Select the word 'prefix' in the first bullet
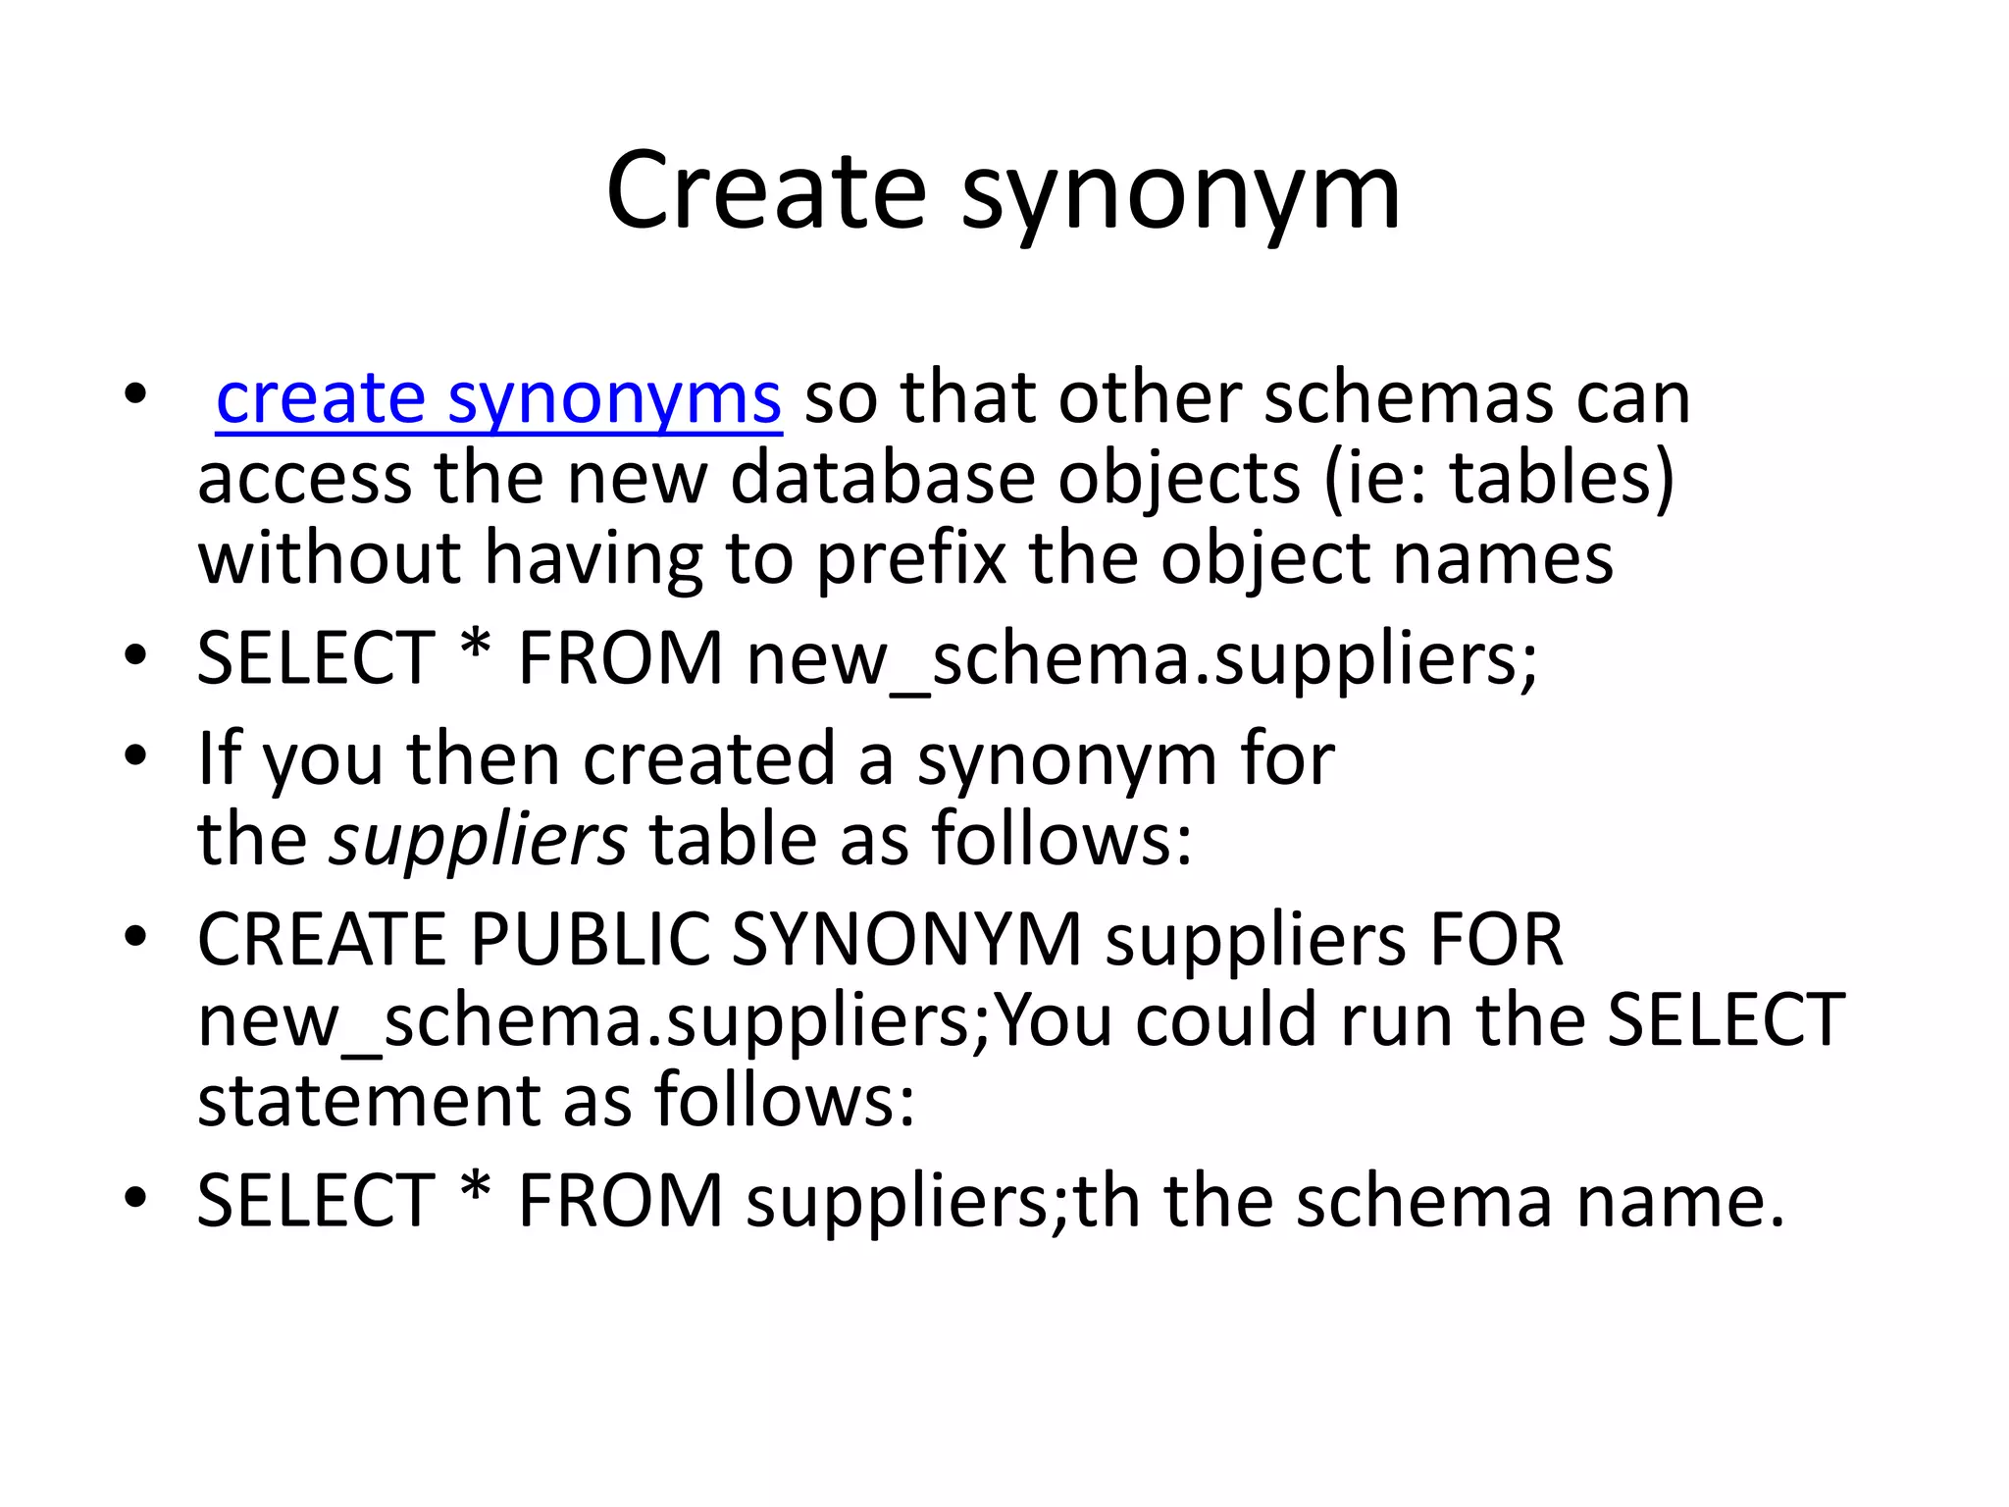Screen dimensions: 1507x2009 (x=911, y=559)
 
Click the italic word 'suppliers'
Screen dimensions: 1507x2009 (x=478, y=840)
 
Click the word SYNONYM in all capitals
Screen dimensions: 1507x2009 (x=906, y=939)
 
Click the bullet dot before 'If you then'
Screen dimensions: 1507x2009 (x=135, y=756)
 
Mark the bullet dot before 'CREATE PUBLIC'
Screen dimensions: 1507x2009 (x=135, y=937)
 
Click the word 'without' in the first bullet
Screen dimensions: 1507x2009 (x=330, y=558)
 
